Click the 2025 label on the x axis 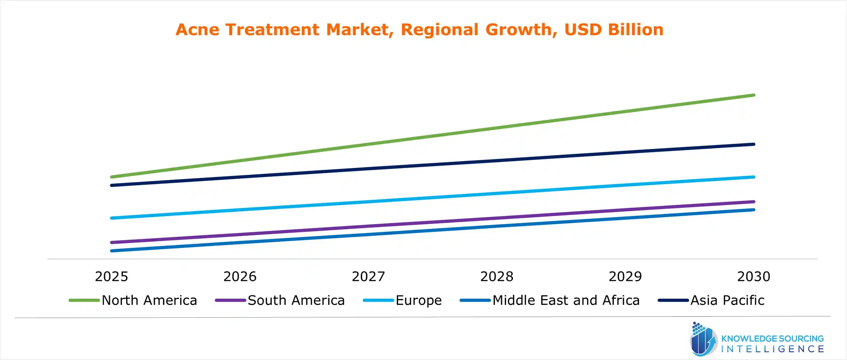coord(111,277)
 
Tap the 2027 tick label coord(368,277)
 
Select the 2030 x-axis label coord(753,277)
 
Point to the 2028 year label coord(497,277)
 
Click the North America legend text coord(149,300)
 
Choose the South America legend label coord(296,300)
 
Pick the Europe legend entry coord(418,300)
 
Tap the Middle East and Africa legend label coord(566,300)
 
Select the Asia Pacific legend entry coord(727,300)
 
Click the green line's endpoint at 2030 coord(753,95)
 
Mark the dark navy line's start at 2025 coord(112,185)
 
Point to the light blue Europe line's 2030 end coord(753,177)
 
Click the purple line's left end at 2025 coord(112,242)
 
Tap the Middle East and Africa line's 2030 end coord(753,210)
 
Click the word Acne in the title coord(198,29)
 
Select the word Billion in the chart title coord(636,29)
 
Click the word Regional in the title coord(439,29)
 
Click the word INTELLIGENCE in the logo coord(772,349)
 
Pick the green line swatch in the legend coord(84,300)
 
